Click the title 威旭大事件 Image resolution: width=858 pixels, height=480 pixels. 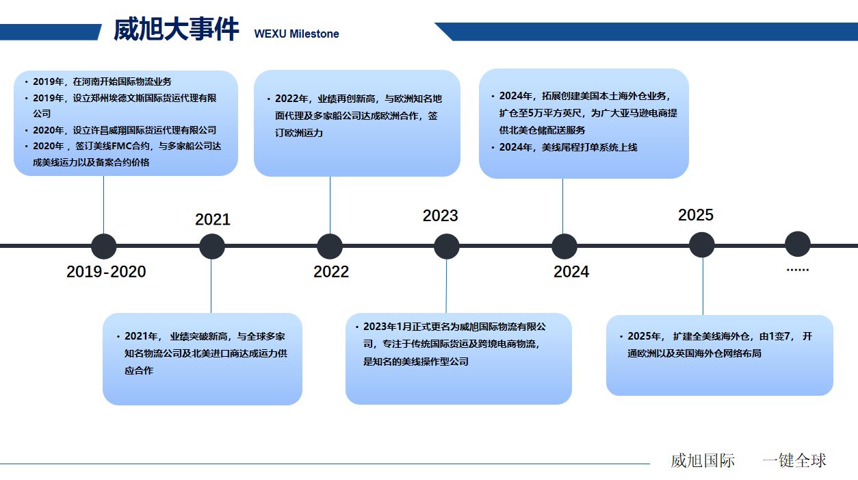[x=177, y=29]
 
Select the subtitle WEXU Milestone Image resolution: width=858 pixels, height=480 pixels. [x=296, y=34]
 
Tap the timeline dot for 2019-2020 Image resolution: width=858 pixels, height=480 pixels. [x=104, y=246]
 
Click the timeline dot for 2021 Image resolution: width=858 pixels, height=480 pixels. [x=212, y=246]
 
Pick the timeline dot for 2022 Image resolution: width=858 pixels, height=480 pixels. [x=330, y=246]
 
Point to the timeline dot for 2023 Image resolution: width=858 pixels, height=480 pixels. [x=447, y=246]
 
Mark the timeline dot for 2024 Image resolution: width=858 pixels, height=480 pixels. [x=564, y=246]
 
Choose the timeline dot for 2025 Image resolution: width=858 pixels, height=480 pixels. [x=702, y=244]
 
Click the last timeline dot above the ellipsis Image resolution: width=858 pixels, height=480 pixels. [x=798, y=244]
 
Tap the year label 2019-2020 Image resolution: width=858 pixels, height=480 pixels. [x=106, y=272]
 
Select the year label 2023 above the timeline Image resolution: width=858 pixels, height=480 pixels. [x=440, y=216]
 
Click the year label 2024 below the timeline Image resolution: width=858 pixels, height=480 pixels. [x=571, y=272]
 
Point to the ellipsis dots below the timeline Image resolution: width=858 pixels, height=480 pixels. [x=798, y=270]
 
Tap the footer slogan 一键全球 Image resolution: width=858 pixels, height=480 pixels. [x=794, y=460]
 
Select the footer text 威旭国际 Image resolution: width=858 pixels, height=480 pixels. [x=703, y=460]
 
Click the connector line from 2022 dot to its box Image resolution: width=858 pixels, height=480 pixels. [x=330, y=205]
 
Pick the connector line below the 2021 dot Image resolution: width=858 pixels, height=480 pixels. [x=211, y=286]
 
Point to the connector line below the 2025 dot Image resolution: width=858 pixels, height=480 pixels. [x=703, y=286]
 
